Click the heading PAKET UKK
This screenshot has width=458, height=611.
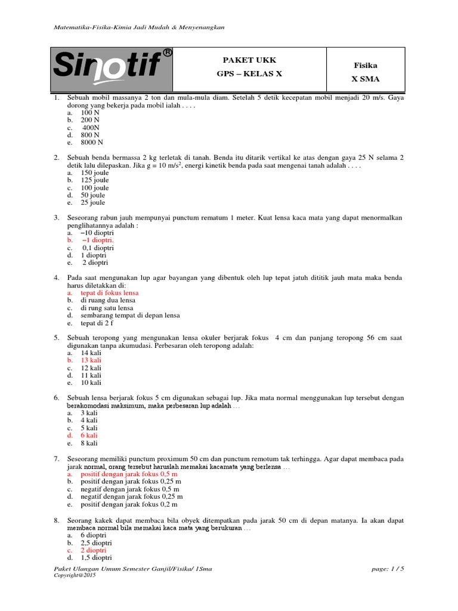[249, 60]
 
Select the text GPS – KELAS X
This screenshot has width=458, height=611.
[249, 74]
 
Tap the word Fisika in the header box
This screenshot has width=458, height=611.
[366, 65]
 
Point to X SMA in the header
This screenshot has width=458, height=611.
[366, 79]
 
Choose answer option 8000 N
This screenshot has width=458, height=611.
[92, 143]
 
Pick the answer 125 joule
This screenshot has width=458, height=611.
[95, 180]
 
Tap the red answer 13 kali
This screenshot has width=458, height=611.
[91, 360]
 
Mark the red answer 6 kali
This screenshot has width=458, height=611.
[89, 436]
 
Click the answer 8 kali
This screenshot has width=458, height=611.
[89, 443]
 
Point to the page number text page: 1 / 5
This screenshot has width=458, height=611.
[387, 569]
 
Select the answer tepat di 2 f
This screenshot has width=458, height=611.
[97, 323]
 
